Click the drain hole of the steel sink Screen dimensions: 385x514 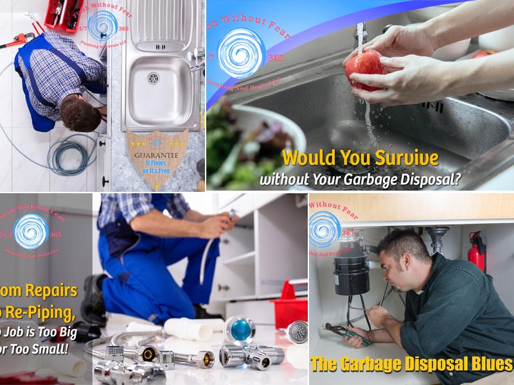click(x=154, y=78)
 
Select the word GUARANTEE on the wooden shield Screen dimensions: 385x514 click(x=157, y=155)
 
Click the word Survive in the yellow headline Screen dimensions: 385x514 click(x=406, y=158)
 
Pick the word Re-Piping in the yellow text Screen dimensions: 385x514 click(x=48, y=315)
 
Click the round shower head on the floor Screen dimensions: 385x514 click(x=296, y=331)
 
